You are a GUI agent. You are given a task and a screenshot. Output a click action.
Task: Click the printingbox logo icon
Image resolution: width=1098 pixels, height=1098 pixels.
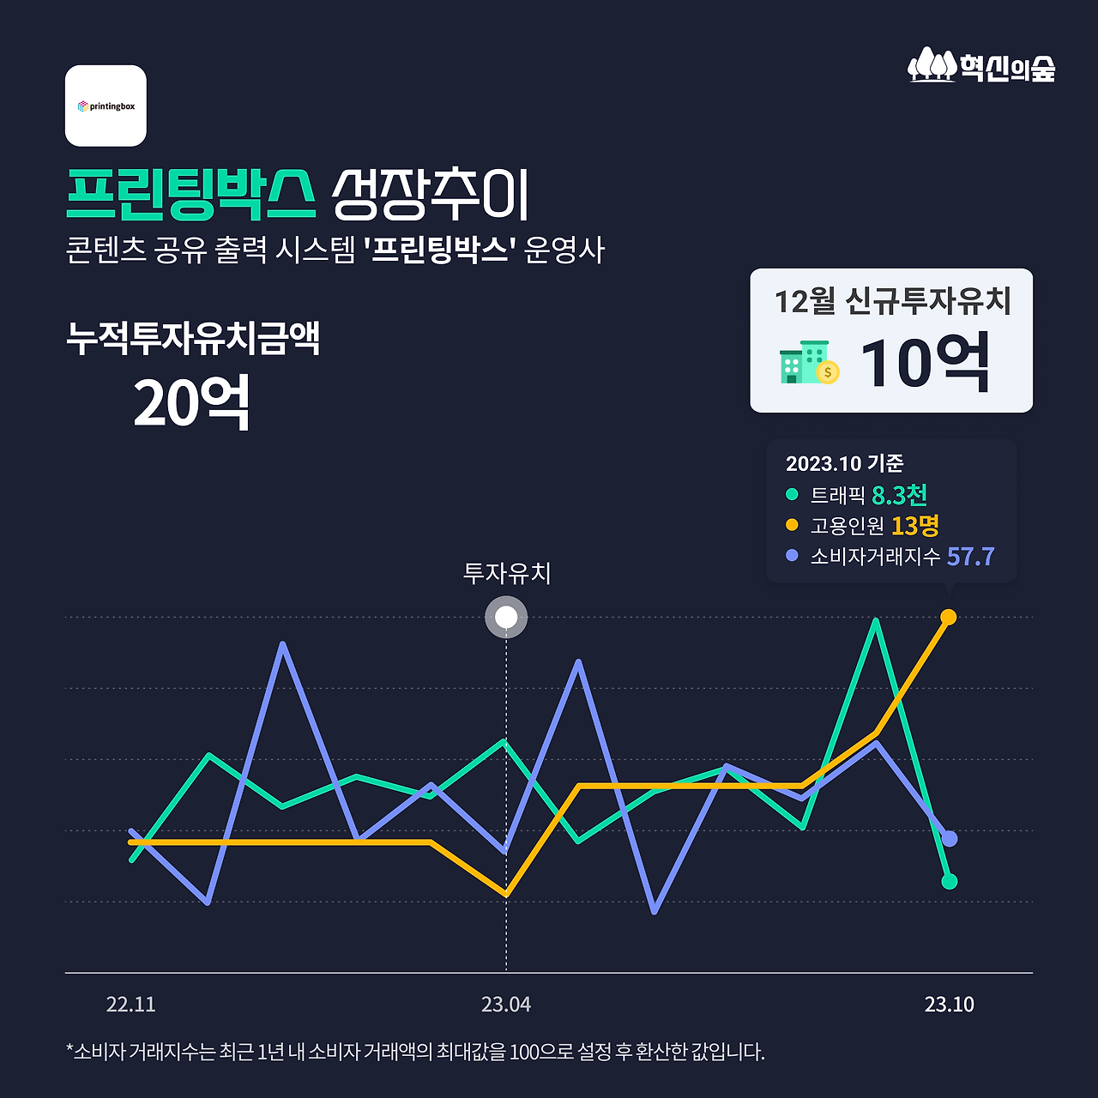click(106, 106)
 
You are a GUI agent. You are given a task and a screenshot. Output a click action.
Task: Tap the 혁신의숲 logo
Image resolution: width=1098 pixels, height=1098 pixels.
click(981, 66)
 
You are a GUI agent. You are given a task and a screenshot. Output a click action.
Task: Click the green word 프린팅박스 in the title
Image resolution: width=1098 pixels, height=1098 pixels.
click(191, 196)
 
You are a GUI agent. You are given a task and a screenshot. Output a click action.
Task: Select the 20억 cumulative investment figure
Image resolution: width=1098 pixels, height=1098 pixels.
click(191, 402)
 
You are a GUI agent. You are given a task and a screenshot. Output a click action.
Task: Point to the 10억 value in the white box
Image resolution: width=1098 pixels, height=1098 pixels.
click(925, 364)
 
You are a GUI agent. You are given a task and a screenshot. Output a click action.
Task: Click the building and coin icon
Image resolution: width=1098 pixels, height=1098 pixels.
click(809, 363)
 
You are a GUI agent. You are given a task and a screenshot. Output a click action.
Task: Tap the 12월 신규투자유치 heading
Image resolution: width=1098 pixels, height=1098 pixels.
click(892, 301)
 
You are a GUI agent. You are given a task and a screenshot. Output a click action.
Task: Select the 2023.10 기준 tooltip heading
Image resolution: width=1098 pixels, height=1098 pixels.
click(844, 463)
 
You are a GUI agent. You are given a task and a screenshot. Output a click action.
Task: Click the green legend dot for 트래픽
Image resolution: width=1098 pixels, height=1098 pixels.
click(792, 495)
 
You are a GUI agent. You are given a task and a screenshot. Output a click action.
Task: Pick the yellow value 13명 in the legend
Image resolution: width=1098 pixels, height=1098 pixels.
click(914, 525)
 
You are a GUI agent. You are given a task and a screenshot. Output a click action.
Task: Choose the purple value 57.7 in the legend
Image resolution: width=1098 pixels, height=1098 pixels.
click(970, 556)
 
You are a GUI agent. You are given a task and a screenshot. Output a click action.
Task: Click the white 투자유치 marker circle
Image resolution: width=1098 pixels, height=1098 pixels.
click(506, 618)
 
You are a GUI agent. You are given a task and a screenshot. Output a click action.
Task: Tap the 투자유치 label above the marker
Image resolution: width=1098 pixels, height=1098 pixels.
click(506, 573)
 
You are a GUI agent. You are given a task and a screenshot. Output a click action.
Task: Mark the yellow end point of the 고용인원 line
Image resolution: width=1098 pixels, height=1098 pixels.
click(949, 617)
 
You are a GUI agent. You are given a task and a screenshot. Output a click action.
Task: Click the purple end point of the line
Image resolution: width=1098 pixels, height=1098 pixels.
click(949, 838)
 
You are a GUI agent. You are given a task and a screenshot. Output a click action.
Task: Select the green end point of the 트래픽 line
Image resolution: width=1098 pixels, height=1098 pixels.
click(949, 881)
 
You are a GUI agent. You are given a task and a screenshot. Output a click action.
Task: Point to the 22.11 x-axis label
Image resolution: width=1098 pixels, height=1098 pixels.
click(130, 1004)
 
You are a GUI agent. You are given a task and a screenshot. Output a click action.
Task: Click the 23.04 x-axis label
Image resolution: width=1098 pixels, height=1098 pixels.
click(506, 1004)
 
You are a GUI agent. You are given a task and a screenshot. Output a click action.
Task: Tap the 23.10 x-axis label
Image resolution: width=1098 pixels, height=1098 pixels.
click(949, 1004)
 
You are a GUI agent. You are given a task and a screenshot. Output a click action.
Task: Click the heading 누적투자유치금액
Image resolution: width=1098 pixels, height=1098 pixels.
click(193, 338)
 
